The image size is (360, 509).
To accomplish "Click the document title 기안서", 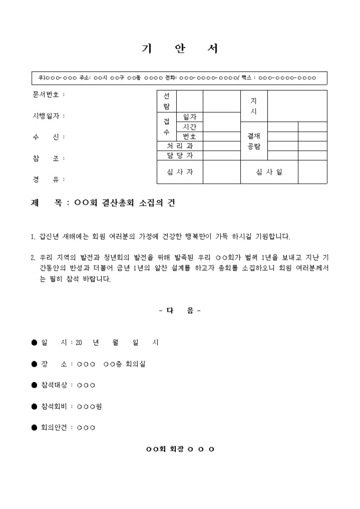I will [x=180, y=49].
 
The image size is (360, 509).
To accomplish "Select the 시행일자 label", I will [x=46, y=116].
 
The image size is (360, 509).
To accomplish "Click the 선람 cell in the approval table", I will [x=167, y=101].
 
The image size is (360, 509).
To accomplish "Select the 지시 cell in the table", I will [x=254, y=106].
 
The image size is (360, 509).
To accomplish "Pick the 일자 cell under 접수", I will [x=190, y=116].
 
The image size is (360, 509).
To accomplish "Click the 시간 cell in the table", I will [x=190, y=126].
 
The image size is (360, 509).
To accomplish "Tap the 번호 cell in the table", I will [x=190, y=136].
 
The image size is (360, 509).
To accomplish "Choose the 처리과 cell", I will [x=180, y=146].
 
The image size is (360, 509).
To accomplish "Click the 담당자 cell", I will [x=180, y=155].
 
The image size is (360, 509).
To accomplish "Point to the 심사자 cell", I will [x=180, y=172].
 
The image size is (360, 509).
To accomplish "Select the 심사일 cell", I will [x=269, y=172].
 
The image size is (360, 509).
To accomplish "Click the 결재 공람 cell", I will [x=254, y=141].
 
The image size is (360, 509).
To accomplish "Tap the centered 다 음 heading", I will [x=180, y=311].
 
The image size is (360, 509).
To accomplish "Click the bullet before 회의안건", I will [x=34, y=428].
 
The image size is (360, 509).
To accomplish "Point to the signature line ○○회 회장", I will [x=180, y=449].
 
